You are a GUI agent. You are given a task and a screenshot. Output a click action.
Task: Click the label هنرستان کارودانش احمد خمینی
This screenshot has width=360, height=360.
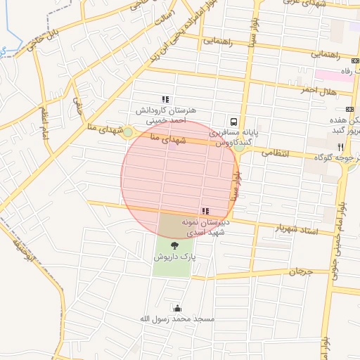[x=167, y=115]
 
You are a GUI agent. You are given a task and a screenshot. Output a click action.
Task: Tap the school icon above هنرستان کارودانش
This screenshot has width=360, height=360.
[x=165, y=100]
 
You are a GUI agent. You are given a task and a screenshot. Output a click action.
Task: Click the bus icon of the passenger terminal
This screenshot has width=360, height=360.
[x=233, y=120]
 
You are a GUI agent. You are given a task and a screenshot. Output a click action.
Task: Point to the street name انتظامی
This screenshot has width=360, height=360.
[x=275, y=152]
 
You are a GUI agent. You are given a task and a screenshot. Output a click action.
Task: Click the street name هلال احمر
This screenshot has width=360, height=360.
[x=318, y=91]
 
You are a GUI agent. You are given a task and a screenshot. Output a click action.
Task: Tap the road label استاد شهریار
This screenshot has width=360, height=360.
[x=295, y=229]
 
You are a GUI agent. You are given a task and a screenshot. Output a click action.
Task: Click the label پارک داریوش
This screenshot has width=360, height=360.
[x=174, y=257]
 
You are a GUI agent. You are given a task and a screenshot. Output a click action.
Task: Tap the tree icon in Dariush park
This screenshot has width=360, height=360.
[x=174, y=245]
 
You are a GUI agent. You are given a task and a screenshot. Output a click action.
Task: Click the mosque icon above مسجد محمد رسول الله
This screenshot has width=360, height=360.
[x=176, y=307]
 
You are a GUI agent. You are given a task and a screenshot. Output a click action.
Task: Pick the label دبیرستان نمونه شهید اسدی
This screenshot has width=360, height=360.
[x=202, y=226]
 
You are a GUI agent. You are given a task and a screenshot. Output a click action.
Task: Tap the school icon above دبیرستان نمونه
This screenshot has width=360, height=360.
[x=205, y=211]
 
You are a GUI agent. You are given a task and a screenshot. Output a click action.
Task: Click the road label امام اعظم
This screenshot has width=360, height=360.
[x=44, y=124]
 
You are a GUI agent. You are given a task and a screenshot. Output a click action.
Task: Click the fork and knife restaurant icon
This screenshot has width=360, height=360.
[x=340, y=147]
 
